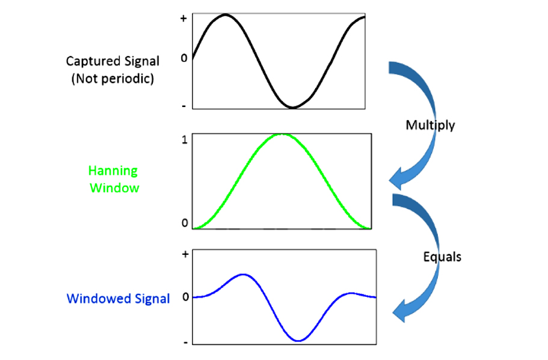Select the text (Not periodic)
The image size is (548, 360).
[x=112, y=79]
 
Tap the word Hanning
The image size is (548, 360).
[x=113, y=171]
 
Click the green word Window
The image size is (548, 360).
[x=115, y=188]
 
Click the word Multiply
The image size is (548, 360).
[x=430, y=126]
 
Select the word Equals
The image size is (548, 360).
[x=442, y=257]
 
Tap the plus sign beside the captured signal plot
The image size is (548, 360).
[x=183, y=18]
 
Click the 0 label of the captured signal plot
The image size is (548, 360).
[x=184, y=58]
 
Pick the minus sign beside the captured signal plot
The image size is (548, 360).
[x=184, y=106]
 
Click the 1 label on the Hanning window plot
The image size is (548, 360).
[x=185, y=140]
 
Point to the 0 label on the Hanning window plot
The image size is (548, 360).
[x=185, y=223]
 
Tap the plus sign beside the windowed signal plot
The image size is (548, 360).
[x=185, y=254]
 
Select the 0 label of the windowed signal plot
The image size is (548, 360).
[x=186, y=297]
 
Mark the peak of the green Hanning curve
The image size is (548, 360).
[x=282, y=135]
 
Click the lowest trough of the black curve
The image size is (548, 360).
[x=292, y=107]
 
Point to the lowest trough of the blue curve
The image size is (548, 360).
[x=298, y=340]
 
